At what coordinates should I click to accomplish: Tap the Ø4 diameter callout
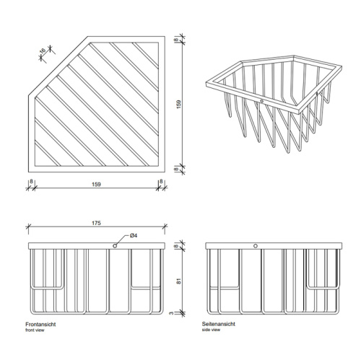[x=134, y=236]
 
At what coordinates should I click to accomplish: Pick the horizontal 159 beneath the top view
[x=96, y=185]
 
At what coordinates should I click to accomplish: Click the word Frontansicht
[x=41, y=325]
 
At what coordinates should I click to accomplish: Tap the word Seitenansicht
[x=219, y=325]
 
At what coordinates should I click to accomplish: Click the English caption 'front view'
[x=35, y=330]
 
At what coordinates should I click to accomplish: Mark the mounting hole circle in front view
[x=115, y=246]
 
